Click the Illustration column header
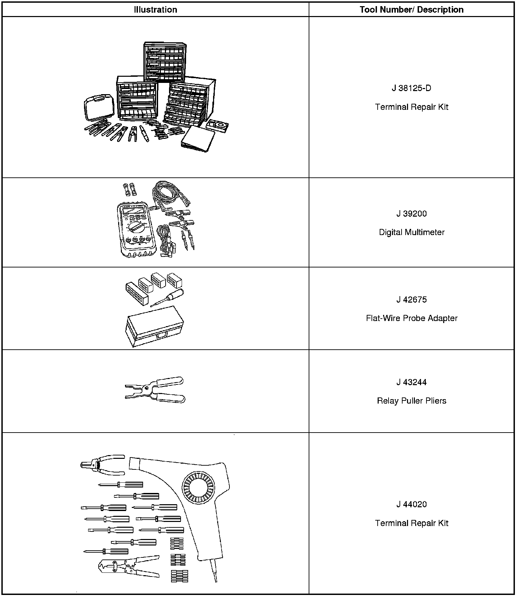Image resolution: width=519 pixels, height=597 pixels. [155, 10]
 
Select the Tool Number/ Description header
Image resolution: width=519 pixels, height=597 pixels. [411, 10]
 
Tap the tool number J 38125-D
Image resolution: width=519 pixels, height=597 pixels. [411, 88]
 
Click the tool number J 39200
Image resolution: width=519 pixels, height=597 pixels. [411, 214]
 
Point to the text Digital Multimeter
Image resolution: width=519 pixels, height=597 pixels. [411, 232]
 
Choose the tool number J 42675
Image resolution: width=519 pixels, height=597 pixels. [411, 300]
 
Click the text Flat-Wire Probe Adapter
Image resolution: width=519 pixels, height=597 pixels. [411, 318]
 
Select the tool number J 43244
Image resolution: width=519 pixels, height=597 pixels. [411, 382]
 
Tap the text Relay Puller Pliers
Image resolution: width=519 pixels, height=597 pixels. [411, 401]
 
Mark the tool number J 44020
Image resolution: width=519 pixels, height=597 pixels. [411, 505]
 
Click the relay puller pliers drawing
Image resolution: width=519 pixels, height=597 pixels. [155, 390]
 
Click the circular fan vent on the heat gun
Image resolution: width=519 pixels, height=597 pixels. [198, 488]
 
